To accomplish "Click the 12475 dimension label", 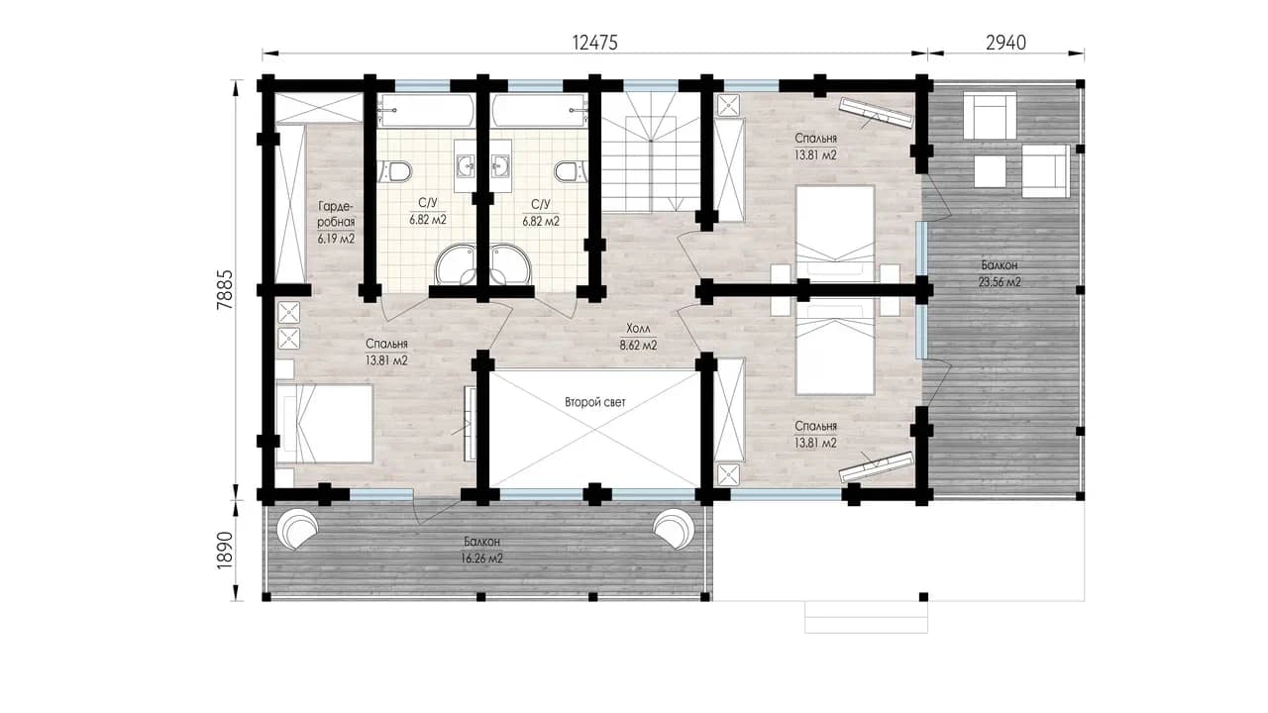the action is coord(595,43).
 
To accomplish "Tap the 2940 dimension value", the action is coord(1005,43).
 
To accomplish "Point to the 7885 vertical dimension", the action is coord(225,290).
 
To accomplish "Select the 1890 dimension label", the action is coord(225,550).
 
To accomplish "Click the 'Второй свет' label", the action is coord(595,402).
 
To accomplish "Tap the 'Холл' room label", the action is coord(639,328).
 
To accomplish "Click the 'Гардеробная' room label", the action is coord(336,214).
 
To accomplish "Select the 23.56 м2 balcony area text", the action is coord(1000,282).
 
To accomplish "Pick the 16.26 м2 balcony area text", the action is coord(481,559).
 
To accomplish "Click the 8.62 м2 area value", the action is coord(639,346).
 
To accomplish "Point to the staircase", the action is coord(651,152).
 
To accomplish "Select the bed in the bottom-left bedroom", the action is coord(324,425).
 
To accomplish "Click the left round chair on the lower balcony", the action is coord(296,528).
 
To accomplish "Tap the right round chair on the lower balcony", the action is coord(673,528).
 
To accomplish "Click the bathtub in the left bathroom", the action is coord(427,111).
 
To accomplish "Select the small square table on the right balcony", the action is coord(990,171).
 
